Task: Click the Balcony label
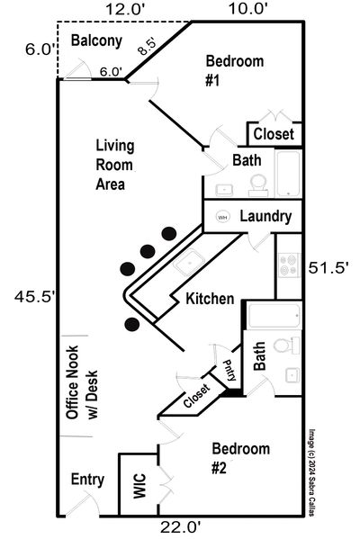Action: click(x=96, y=40)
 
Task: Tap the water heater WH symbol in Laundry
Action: click(x=222, y=217)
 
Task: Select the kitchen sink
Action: click(x=189, y=262)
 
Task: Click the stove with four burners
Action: click(x=289, y=265)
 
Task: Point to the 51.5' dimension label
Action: click(x=328, y=268)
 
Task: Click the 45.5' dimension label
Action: click(x=35, y=296)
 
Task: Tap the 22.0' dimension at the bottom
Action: click(x=180, y=526)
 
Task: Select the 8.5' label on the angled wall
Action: click(x=147, y=47)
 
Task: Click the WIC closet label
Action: click(x=139, y=486)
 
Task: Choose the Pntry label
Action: click(x=229, y=370)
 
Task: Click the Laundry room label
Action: click(x=265, y=217)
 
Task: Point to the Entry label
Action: click(x=87, y=480)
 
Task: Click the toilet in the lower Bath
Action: click(x=285, y=346)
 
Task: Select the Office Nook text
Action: click(x=72, y=382)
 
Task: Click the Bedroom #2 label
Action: click(x=240, y=458)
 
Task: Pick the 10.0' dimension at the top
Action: click(x=247, y=9)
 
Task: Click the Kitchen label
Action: click(x=210, y=299)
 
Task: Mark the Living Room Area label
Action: click(x=114, y=165)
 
